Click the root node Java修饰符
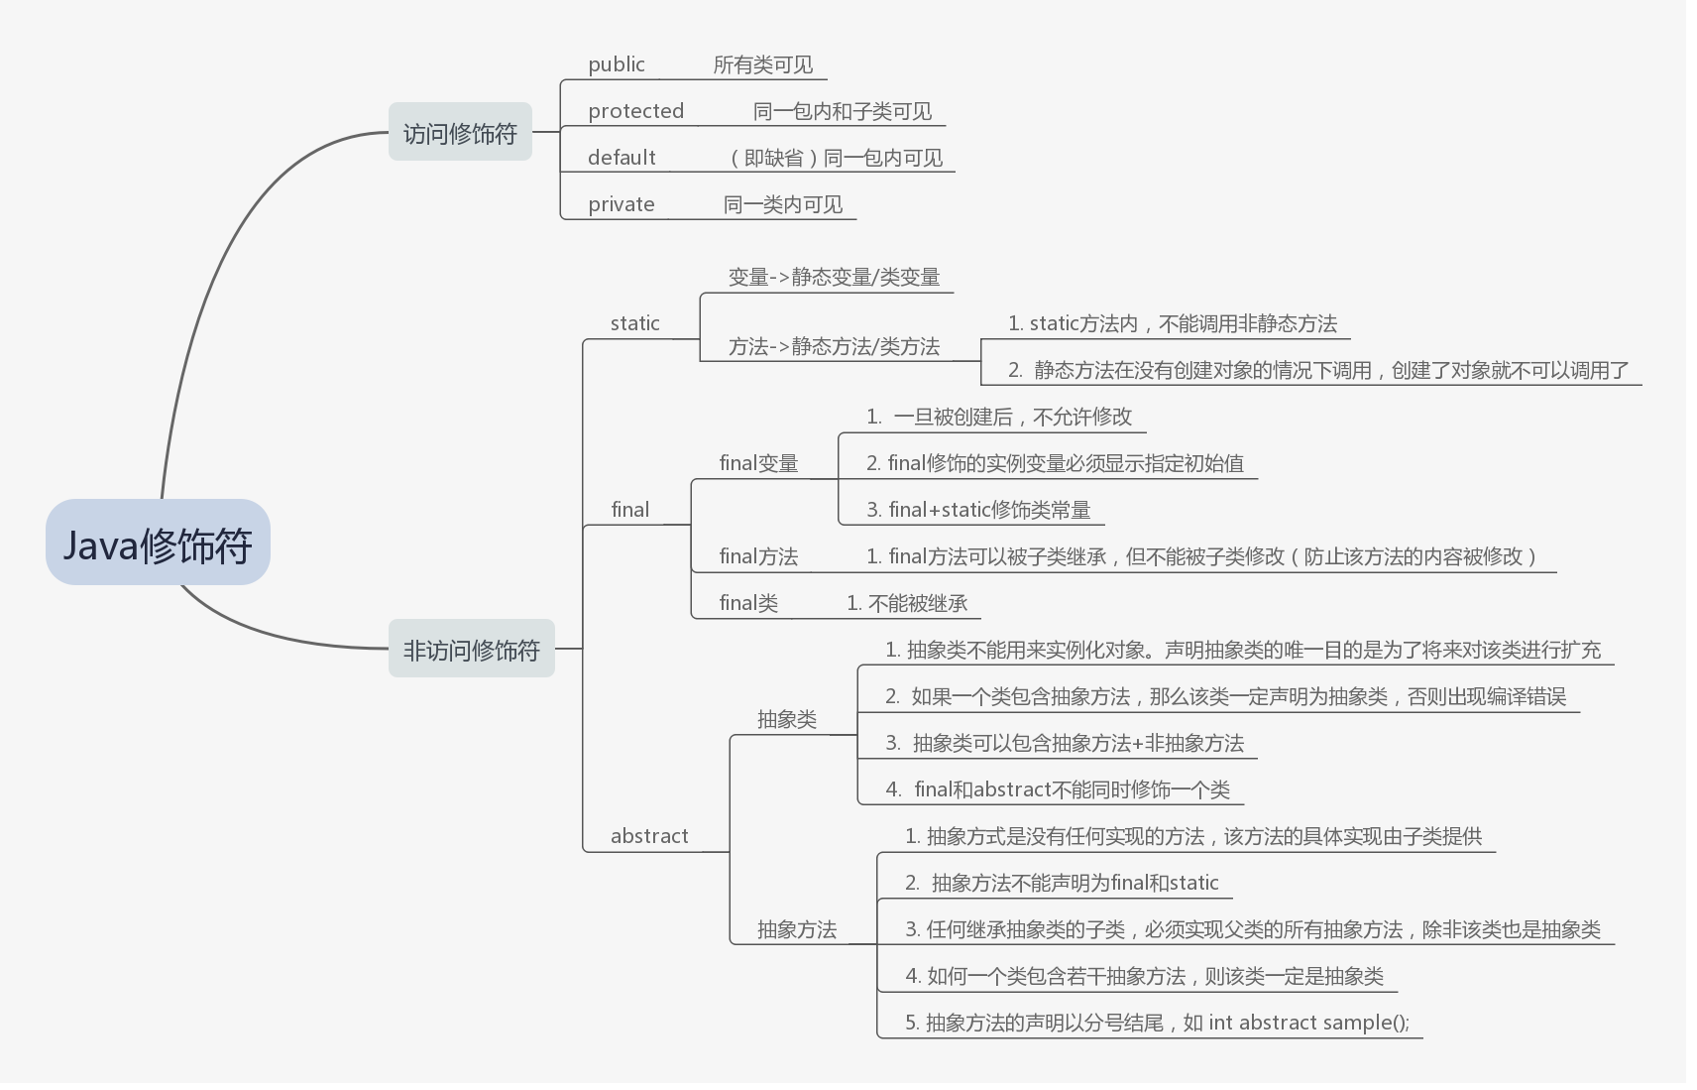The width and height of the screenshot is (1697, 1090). click(158, 543)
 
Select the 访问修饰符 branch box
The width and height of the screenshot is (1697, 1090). click(460, 132)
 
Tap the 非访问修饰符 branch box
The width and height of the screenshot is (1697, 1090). click(471, 649)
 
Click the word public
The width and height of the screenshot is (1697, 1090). click(617, 64)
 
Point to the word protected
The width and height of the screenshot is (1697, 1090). click(635, 111)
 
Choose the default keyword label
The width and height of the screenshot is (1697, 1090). click(622, 158)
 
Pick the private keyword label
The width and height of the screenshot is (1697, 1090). click(622, 204)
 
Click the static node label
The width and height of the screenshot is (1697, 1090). click(635, 323)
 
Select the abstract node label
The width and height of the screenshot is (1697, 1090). click(649, 836)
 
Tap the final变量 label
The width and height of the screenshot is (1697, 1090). click(758, 463)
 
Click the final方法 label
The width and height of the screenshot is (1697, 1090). click(758, 556)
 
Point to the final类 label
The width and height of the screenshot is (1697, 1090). click(748, 603)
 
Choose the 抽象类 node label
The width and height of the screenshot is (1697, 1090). click(787, 719)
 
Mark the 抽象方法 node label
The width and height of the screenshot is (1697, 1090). click(797, 929)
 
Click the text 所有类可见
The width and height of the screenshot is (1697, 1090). click(763, 64)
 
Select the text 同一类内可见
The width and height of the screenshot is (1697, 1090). click(783, 204)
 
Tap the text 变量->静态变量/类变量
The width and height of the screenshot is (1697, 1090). click(834, 277)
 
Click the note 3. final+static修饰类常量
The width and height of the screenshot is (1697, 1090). click(978, 510)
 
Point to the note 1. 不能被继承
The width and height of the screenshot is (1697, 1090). click(907, 603)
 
